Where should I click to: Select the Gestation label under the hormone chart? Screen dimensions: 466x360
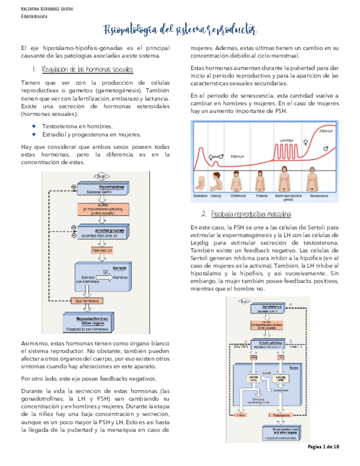pos(201,196)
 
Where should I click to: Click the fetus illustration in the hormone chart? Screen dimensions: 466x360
pos(200,181)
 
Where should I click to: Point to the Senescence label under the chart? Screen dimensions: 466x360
pos(319,196)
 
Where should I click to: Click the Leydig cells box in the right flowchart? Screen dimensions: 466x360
pos(281,379)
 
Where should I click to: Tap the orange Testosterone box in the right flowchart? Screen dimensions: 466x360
pos(280,415)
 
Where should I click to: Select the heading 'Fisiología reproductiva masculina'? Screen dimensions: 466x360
pos(251,214)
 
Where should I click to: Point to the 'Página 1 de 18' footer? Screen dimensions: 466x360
pos(324,447)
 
